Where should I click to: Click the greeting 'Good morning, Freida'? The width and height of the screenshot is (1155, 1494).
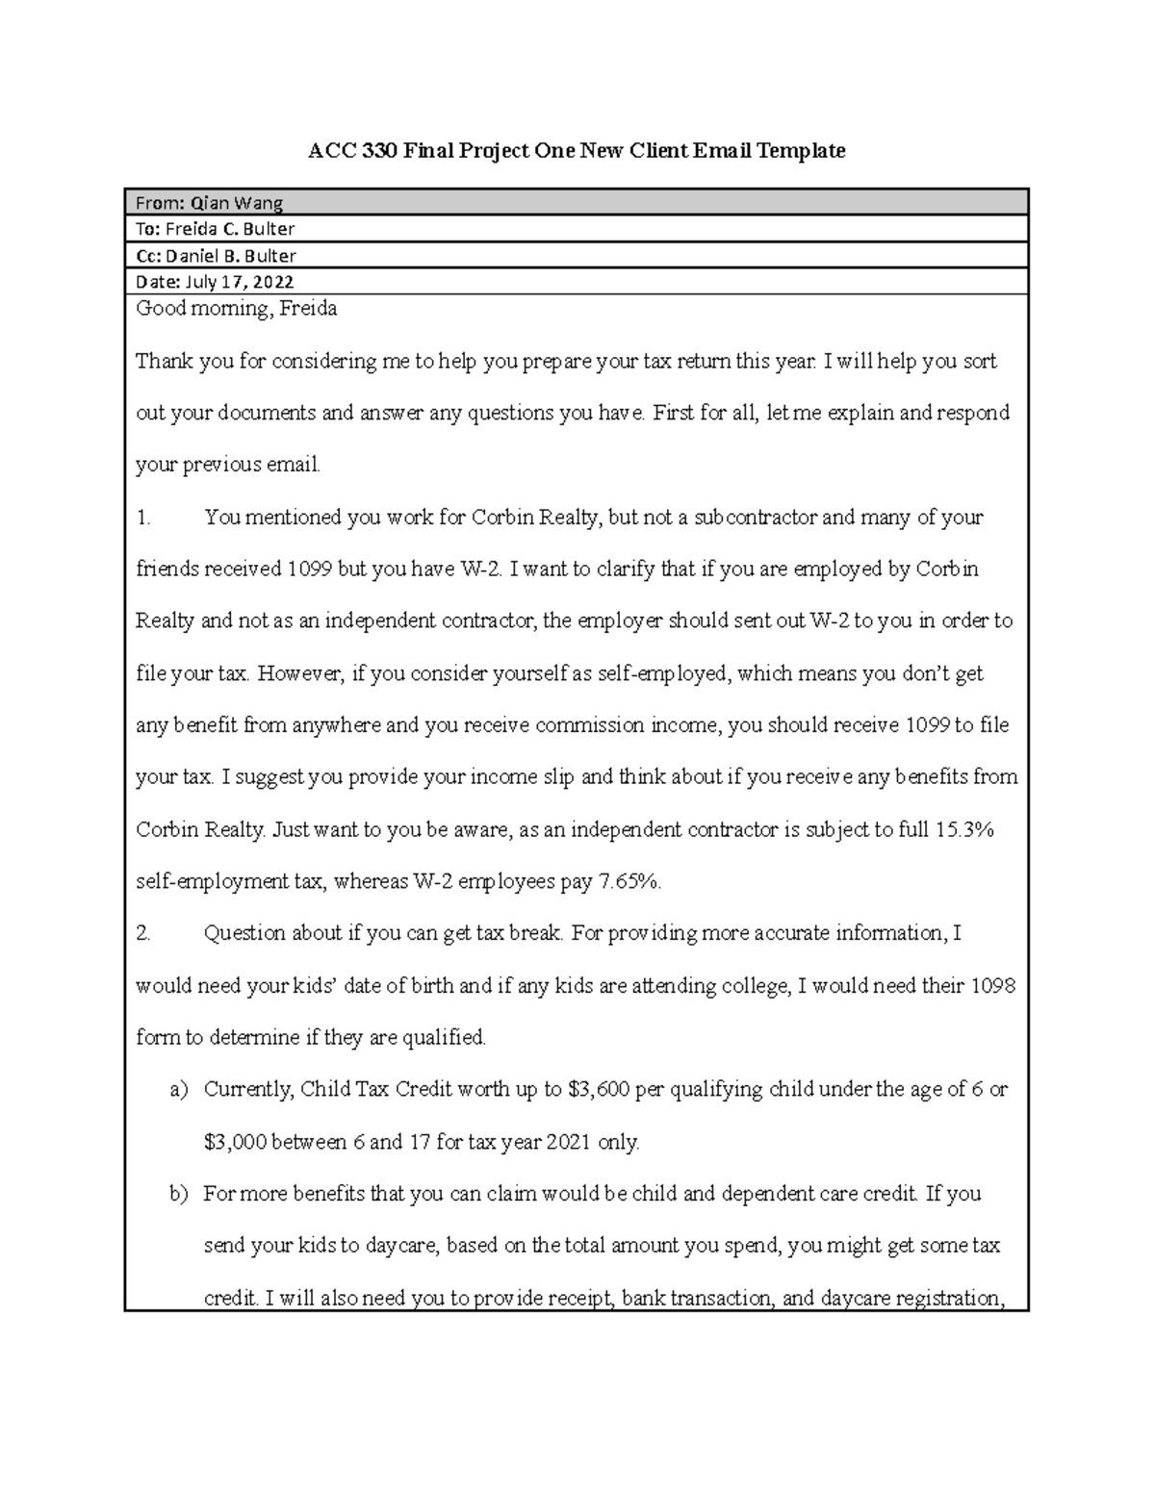point(236,309)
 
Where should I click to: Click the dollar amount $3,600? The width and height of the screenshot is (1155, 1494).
point(599,1090)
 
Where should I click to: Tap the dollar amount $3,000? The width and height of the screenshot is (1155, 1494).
point(235,1143)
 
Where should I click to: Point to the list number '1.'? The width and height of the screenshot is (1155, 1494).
point(143,518)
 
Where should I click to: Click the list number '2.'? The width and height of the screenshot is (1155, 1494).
point(143,933)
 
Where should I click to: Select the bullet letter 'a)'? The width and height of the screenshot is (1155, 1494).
point(178,1090)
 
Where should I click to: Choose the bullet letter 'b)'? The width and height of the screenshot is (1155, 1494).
point(178,1194)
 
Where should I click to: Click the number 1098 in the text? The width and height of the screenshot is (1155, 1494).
point(993,986)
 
